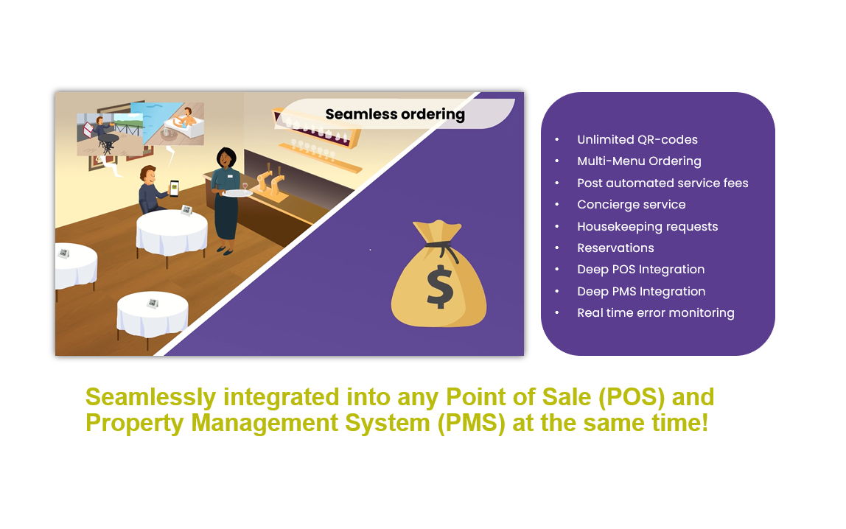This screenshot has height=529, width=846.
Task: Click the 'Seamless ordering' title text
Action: click(x=395, y=114)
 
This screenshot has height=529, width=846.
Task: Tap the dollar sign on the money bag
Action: click(x=440, y=287)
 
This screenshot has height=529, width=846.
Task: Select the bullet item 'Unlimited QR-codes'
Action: click(x=637, y=140)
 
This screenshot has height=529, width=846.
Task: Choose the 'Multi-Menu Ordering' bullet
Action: click(x=639, y=161)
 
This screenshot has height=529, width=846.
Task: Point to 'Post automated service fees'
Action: click(x=663, y=183)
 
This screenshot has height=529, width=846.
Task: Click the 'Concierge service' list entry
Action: click(x=632, y=205)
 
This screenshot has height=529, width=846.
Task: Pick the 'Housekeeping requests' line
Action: click(x=648, y=226)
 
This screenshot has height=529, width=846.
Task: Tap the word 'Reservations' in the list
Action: click(x=615, y=248)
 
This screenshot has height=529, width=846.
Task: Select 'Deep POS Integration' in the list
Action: click(x=640, y=270)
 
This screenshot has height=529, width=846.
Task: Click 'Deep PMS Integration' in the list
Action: click(x=641, y=291)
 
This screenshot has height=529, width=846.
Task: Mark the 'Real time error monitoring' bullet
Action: click(x=656, y=313)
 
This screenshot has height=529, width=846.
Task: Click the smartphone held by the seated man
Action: click(x=174, y=188)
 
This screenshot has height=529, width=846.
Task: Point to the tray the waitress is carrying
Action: click(x=237, y=193)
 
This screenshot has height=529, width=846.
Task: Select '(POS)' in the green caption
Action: click(x=632, y=397)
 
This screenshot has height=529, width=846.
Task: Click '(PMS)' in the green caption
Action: click(x=471, y=423)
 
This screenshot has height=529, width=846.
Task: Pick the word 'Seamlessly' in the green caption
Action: click(x=150, y=397)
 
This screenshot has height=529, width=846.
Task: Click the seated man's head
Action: click(x=147, y=174)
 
